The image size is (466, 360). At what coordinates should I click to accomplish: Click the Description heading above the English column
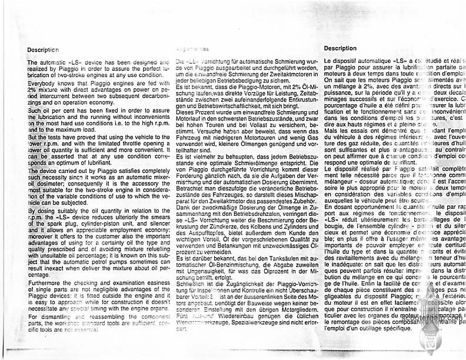pos(43,50)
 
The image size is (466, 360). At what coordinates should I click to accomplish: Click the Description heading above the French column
pos(339,48)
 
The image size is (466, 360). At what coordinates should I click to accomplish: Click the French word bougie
pos(333,225)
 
